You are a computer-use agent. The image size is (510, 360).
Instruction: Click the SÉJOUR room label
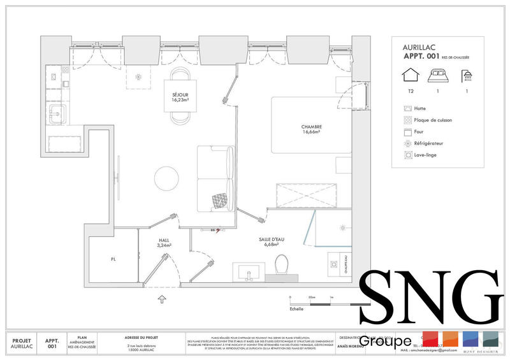coord(180,97)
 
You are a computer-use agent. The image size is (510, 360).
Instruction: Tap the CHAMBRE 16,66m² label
coord(311,129)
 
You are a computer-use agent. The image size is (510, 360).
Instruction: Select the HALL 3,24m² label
coord(164,241)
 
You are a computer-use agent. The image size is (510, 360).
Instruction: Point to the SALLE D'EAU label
coord(272,241)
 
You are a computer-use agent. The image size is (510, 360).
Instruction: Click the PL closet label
coord(113,259)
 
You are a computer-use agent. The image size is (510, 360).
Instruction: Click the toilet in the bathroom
coord(280,265)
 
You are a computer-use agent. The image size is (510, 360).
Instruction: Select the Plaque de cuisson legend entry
coord(431,120)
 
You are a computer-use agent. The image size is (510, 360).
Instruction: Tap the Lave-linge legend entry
coord(425,155)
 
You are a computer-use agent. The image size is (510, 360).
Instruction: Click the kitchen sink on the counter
coord(55,115)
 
